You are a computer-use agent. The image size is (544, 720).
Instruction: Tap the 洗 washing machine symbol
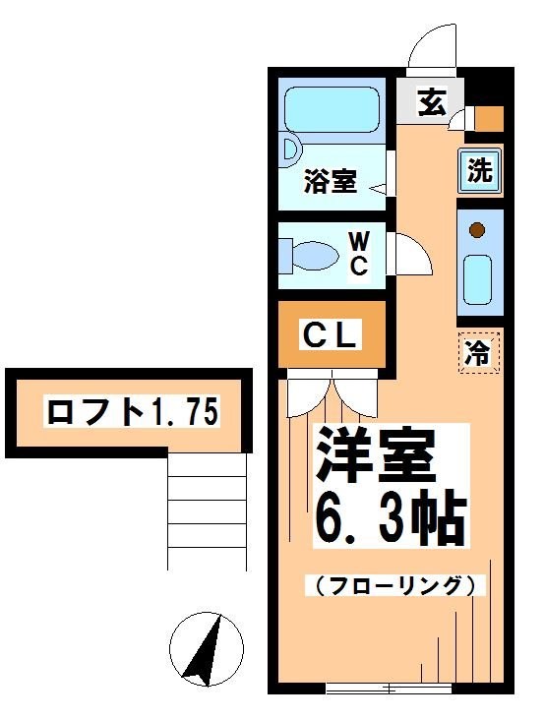(x=479, y=172)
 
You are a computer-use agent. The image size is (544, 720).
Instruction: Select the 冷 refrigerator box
(x=479, y=351)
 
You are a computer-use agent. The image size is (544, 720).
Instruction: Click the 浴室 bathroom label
(x=329, y=182)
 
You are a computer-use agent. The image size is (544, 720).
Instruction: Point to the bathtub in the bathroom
(x=332, y=109)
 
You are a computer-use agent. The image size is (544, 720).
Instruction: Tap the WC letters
(x=358, y=252)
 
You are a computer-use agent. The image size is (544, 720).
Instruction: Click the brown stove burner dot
(x=477, y=232)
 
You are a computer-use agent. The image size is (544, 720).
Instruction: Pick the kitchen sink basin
(x=478, y=279)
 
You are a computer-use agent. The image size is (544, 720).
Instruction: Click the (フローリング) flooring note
(x=396, y=586)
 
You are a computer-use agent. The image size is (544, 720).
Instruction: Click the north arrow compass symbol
(x=206, y=650)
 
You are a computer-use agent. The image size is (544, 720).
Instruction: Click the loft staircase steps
(x=208, y=511)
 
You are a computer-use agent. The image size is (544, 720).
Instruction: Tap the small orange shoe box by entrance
(x=489, y=119)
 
